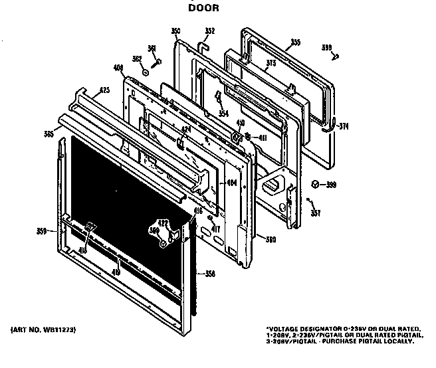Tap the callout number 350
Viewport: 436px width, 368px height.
175,31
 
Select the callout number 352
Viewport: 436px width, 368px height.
210,31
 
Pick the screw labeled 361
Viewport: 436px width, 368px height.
158,61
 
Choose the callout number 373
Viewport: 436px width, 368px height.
253,64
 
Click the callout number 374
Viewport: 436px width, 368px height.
343,126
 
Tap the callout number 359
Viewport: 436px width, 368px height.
43,232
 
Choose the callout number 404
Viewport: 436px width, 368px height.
231,183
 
